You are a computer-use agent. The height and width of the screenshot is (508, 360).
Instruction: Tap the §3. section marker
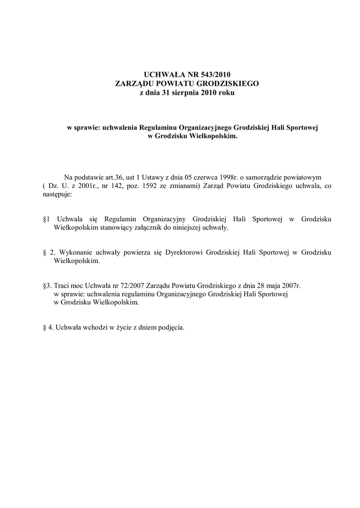[48, 286]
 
